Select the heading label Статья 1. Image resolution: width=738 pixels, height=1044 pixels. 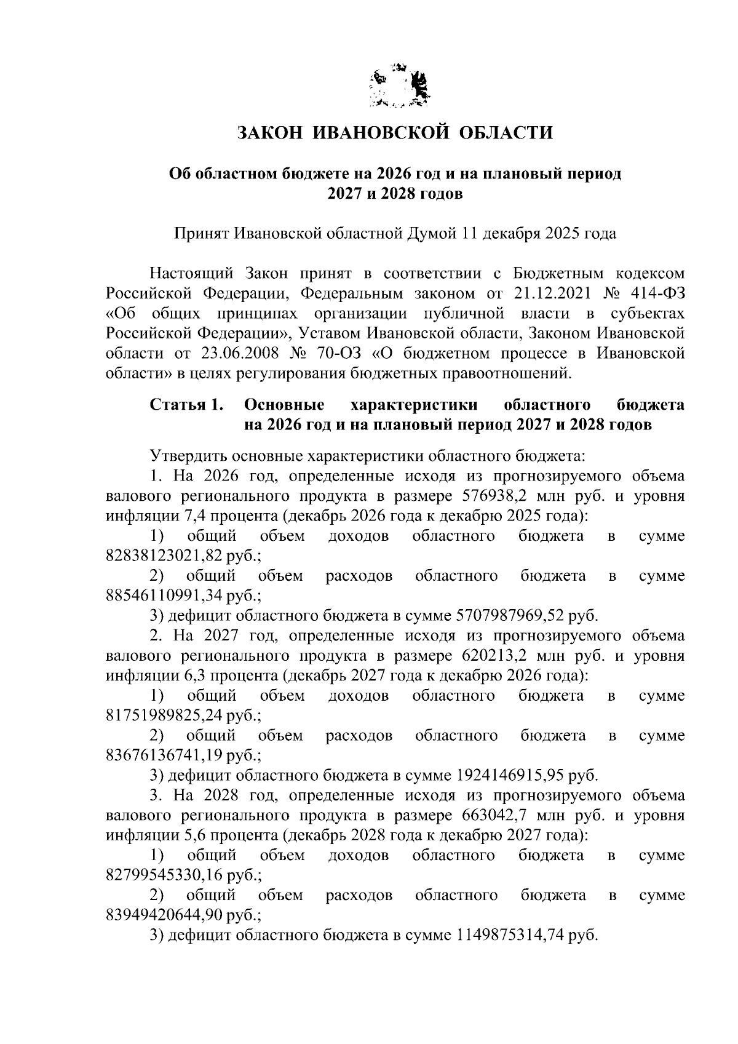coord(186,405)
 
